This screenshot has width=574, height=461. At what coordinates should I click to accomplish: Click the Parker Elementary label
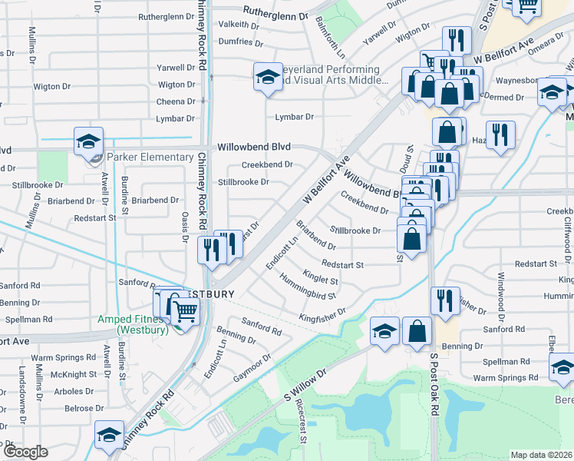pos(150,157)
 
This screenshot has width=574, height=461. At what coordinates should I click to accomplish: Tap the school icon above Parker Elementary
pos(88,141)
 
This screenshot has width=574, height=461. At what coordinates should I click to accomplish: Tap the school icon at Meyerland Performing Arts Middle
pos(267,77)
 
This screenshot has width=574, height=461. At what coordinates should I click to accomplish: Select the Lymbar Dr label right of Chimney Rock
pos(295,117)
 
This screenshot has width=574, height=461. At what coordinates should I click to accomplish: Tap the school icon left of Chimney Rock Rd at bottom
pos(109,435)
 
